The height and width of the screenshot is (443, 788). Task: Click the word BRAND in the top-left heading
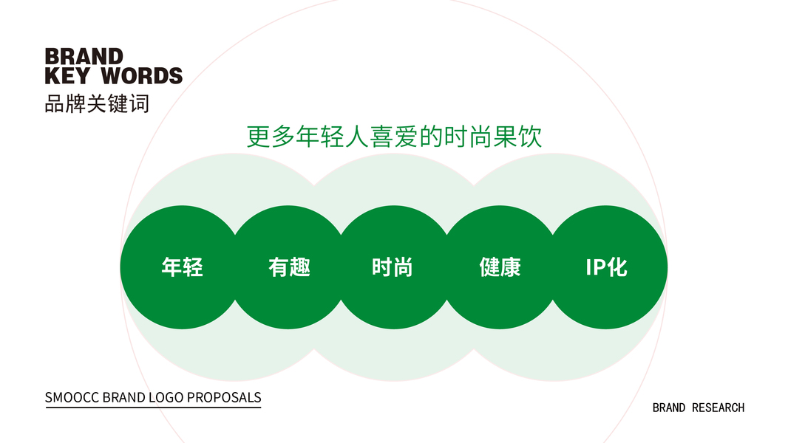84,57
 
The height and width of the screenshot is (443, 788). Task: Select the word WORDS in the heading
142,76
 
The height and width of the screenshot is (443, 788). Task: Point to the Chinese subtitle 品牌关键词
97,104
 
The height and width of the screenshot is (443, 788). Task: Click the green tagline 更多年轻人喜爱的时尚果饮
394,137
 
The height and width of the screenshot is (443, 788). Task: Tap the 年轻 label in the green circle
182,267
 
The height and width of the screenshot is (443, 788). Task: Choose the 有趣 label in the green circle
289,267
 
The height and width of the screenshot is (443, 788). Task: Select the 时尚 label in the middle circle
393,267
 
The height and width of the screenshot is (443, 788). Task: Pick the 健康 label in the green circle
500,267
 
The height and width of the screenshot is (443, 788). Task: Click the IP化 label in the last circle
607,267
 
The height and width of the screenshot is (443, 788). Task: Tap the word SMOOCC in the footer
72,397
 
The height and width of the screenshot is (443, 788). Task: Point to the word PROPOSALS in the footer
224,397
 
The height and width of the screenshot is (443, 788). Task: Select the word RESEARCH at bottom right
719,408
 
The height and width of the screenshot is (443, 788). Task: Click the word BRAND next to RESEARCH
669,408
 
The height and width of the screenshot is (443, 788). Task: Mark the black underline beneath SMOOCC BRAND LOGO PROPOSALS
153,407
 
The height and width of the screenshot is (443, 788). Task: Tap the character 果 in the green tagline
505,137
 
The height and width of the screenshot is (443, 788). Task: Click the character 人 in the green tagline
357,137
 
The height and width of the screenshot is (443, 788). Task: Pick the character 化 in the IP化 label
617,267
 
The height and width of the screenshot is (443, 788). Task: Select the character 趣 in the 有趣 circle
300,267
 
